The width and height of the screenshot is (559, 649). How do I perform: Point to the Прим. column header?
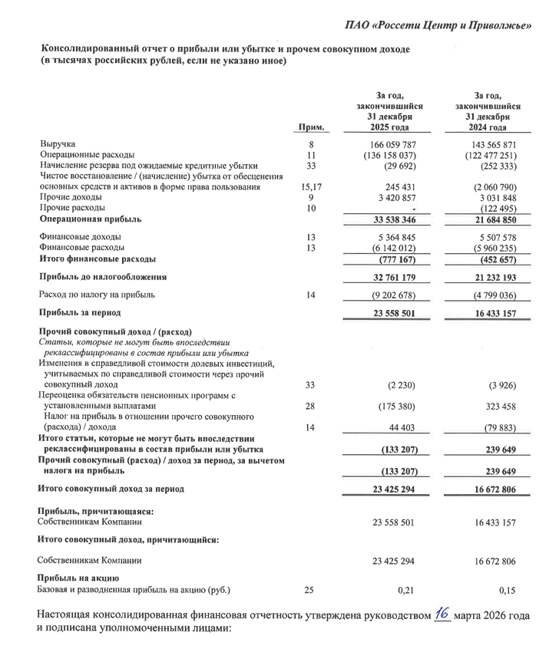pyautogui.click(x=311, y=127)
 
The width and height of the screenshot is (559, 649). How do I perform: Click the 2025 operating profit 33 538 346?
pyautogui.click(x=390, y=219)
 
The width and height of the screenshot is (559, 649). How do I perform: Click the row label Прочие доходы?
pyautogui.click(x=69, y=197)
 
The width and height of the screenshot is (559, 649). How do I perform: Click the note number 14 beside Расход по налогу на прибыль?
pyautogui.click(x=311, y=295)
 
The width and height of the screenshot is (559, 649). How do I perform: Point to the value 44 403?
pyautogui.click(x=402, y=427)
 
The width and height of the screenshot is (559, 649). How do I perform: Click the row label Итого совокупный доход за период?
pyautogui.click(x=111, y=488)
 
